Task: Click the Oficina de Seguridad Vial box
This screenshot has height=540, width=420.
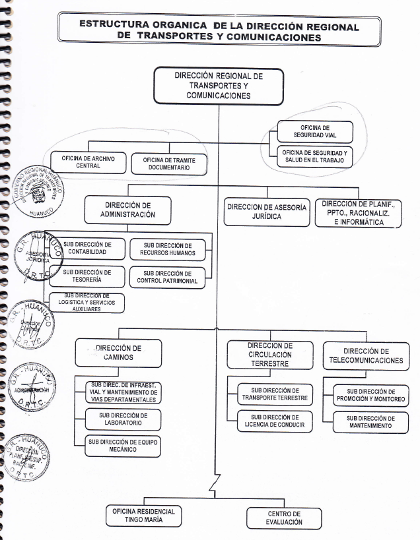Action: point(314,131)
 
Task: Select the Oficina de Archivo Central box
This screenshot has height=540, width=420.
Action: point(88,162)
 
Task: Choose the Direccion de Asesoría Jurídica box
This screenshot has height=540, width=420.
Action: point(266,211)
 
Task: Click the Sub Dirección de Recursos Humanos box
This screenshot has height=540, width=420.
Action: point(168,249)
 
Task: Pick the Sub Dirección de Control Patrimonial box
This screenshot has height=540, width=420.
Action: point(168,278)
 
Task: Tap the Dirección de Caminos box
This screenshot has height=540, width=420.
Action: point(118,353)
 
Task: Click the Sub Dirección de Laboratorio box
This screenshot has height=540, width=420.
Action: point(123,420)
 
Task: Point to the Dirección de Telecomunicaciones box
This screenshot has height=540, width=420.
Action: point(365,356)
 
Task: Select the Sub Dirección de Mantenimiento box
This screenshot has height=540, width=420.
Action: point(370,422)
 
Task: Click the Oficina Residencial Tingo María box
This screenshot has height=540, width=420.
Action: point(145,515)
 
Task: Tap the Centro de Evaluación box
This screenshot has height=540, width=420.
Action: point(285,518)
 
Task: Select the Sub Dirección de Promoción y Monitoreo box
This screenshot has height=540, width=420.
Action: point(370,395)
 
